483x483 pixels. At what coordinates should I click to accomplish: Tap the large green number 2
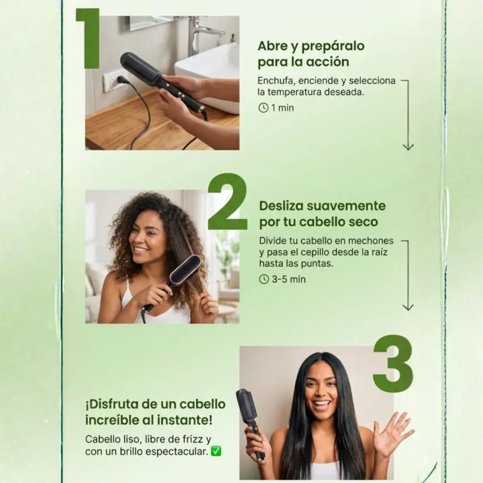[x=228, y=201]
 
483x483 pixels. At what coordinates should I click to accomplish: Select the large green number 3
[x=394, y=364]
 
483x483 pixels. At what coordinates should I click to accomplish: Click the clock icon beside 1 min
[x=263, y=108]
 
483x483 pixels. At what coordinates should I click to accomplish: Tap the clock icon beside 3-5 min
[x=264, y=279]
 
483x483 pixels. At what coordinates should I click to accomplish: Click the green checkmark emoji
[x=216, y=451]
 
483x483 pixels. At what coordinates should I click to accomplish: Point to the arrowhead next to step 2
[x=408, y=307]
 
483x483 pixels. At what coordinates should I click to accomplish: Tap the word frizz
[x=190, y=439]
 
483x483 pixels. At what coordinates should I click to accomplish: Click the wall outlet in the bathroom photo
[x=111, y=80]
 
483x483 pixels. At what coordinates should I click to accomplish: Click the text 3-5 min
[x=288, y=280]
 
